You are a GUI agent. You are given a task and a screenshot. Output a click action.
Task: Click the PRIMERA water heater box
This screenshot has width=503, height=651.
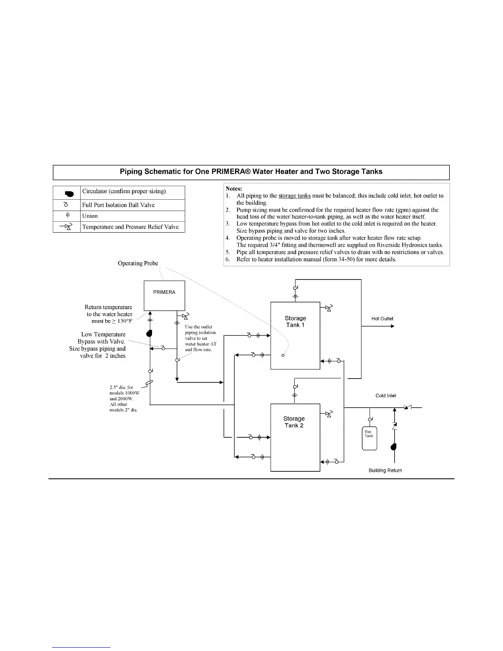click(164, 295)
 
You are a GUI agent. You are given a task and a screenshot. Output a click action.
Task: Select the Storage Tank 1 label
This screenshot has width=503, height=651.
click(295, 321)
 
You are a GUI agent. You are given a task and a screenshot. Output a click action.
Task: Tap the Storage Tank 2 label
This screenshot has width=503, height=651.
click(294, 422)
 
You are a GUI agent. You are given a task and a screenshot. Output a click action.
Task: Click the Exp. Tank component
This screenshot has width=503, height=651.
click(369, 439)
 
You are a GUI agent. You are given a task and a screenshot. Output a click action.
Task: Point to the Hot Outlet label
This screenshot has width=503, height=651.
click(382, 319)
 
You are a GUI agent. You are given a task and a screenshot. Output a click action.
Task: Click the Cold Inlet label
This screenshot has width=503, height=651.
click(386, 396)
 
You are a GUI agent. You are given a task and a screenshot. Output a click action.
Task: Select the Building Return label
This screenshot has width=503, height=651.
click(385, 471)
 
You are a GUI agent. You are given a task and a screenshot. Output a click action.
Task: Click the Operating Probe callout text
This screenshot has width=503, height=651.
click(138, 263)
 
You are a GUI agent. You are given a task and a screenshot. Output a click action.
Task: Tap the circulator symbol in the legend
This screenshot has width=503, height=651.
click(68, 193)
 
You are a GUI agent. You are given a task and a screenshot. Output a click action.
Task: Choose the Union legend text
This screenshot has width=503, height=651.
click(90, 216)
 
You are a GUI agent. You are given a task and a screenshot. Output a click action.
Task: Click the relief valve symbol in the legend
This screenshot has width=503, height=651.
click(67, 227)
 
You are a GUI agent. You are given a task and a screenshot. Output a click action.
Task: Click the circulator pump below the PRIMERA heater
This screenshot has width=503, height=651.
click(150, 333)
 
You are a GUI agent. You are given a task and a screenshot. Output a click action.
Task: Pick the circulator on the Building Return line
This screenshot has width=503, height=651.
click(395, 447)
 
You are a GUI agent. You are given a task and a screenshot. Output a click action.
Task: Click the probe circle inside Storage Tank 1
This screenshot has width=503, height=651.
click(283, 356)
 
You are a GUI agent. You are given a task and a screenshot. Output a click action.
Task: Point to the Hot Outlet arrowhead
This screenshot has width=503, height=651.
click(392, 326)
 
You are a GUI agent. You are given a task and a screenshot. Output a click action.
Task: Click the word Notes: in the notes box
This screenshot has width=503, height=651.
click(234, 189)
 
